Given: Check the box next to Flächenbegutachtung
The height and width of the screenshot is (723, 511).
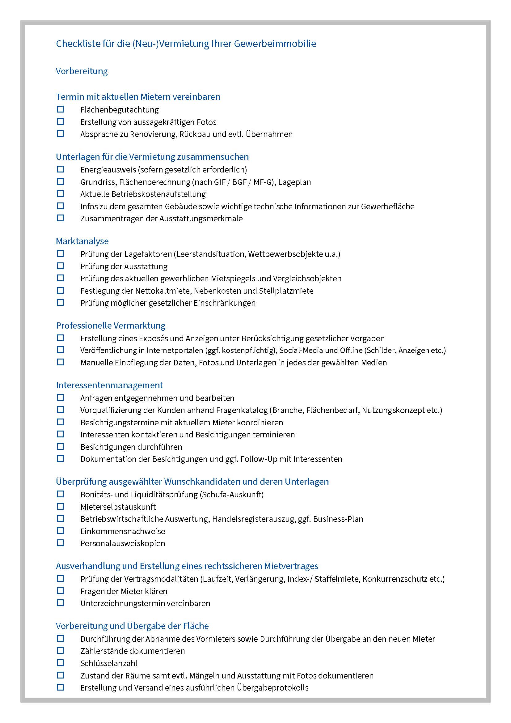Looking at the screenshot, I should [60, 109].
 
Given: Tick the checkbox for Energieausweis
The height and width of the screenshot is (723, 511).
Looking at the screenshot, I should [60, 169].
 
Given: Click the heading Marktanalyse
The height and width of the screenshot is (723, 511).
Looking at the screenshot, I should [82, 241].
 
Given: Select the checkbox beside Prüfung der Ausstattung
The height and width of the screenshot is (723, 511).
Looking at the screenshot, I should [60, 266].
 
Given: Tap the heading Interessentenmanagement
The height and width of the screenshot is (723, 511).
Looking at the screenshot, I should [109, 385].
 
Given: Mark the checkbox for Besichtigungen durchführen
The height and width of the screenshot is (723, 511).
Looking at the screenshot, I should [60, 447].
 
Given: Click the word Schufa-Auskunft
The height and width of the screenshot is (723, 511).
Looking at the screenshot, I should [232, 494].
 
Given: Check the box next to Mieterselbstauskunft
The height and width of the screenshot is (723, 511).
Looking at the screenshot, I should [60, 506].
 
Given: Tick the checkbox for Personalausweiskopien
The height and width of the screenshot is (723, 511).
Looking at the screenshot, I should [60, 543].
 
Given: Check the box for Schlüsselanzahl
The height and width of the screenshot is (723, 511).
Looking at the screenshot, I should [60, 663].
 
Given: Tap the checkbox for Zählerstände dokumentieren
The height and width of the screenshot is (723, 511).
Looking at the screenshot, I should [60, 651].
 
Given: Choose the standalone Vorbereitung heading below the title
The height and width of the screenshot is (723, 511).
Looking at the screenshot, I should [82, 71].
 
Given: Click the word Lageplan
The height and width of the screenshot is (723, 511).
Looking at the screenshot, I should [294, 182].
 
